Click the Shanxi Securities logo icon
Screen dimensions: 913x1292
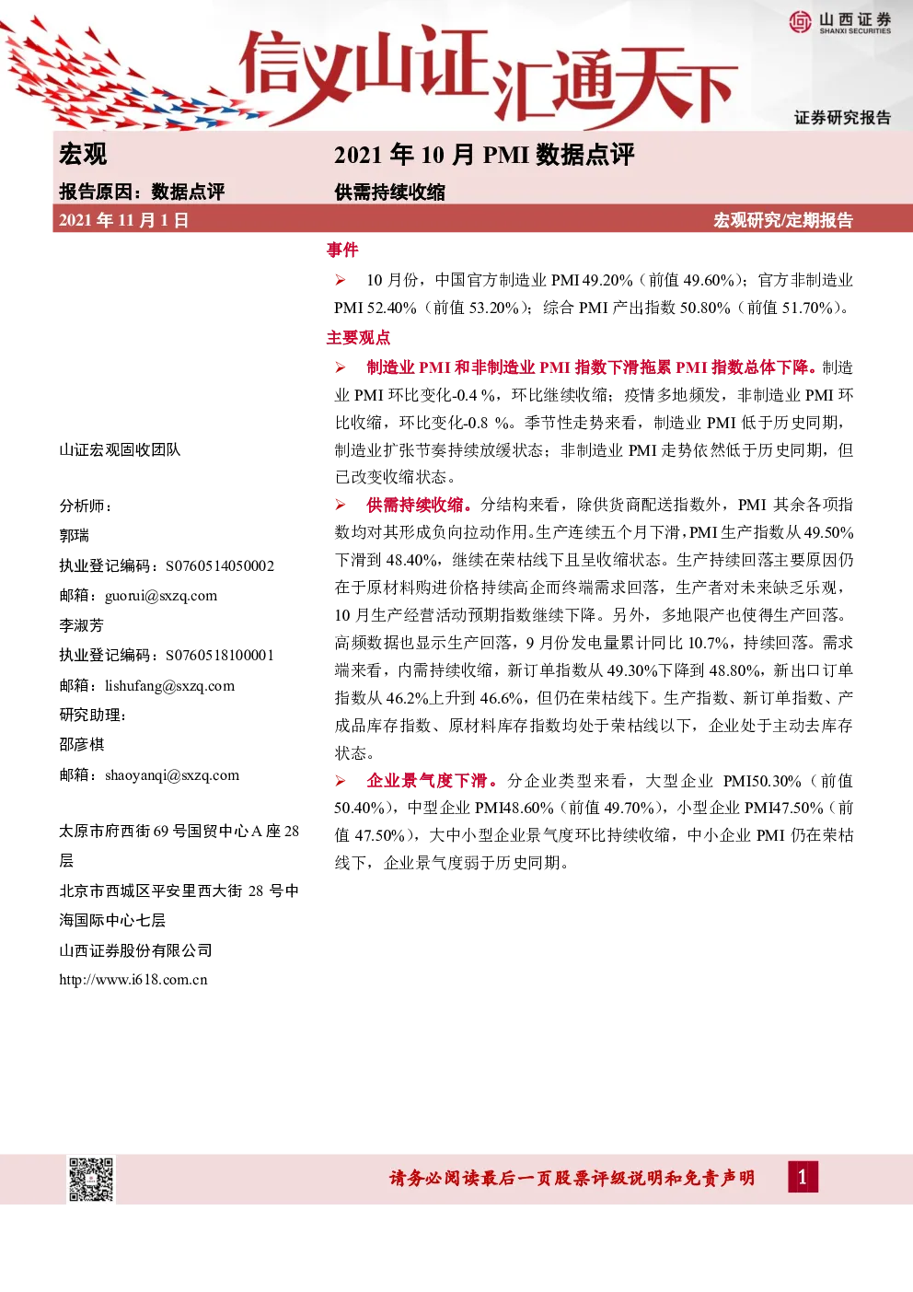pyautogui.click(x=800, y=22)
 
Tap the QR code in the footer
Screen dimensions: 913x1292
pyautogui.click(x=91, y=1179)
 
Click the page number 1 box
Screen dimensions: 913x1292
pyautogui.click(x=803, y=1177)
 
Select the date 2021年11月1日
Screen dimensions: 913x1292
pyautogui.click(x=124, y=220)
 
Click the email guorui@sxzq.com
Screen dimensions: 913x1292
pyautogui.click(x=161, y=596)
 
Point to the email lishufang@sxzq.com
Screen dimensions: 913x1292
pyautogui.click(x=169, y=686)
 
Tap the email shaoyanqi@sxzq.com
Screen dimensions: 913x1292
pyautogui.click(x=172, y=775)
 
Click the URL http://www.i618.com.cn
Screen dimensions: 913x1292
pyautogui.click(x=133, y=980)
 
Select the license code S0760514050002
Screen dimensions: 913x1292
pyautogui.click(x=220, y=565)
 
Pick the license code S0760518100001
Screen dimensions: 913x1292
pyautogui.click(x=220, y=656)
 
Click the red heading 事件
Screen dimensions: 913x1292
pyautogui.click(x=342, y=250)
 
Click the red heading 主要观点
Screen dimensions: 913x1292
pyautogui.click(x=359, y=337)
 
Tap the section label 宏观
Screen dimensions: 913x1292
pyautogui.click(x=83, y=155)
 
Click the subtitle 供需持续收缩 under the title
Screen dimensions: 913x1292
pyautogui.click(x=389, y=192)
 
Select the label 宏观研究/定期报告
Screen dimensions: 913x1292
pyautogui.click(x=782, y=220)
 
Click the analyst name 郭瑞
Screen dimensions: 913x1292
pyautogui.click(x=74, y=536)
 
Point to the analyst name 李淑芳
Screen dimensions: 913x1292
pyautogui.click(x=81, y=625)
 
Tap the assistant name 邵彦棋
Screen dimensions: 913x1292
pyautogui.click(x=81, y=745)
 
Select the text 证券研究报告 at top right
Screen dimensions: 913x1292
pyautogui.click(x=843, y=118)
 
